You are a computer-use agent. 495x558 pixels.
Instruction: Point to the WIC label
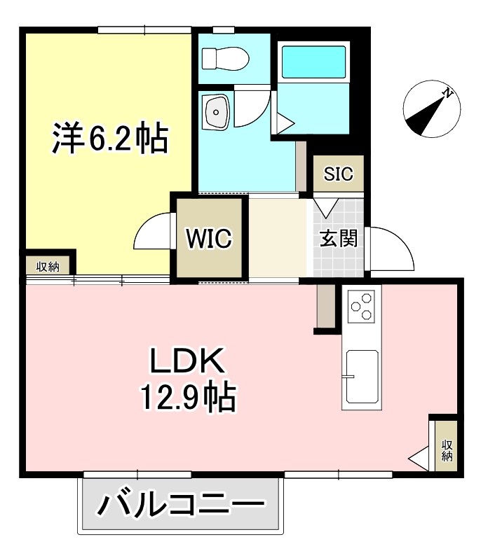pyautogui.click(x=208, y=239)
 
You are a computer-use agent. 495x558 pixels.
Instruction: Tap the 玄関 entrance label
pyautogui.click(x=339, y=239)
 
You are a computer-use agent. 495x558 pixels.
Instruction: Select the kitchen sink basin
pyautogui.click(x=362, y=378)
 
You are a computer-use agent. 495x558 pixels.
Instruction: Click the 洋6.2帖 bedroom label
pyautogui.click(x=109, y=139)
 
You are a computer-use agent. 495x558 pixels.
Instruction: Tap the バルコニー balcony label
pyautogui.click(x=181, y=504)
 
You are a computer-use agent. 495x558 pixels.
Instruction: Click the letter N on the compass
pyautogui.click(x=447, y=93)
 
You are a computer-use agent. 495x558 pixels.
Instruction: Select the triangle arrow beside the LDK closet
pyautogui.click(x=419, y=459)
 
